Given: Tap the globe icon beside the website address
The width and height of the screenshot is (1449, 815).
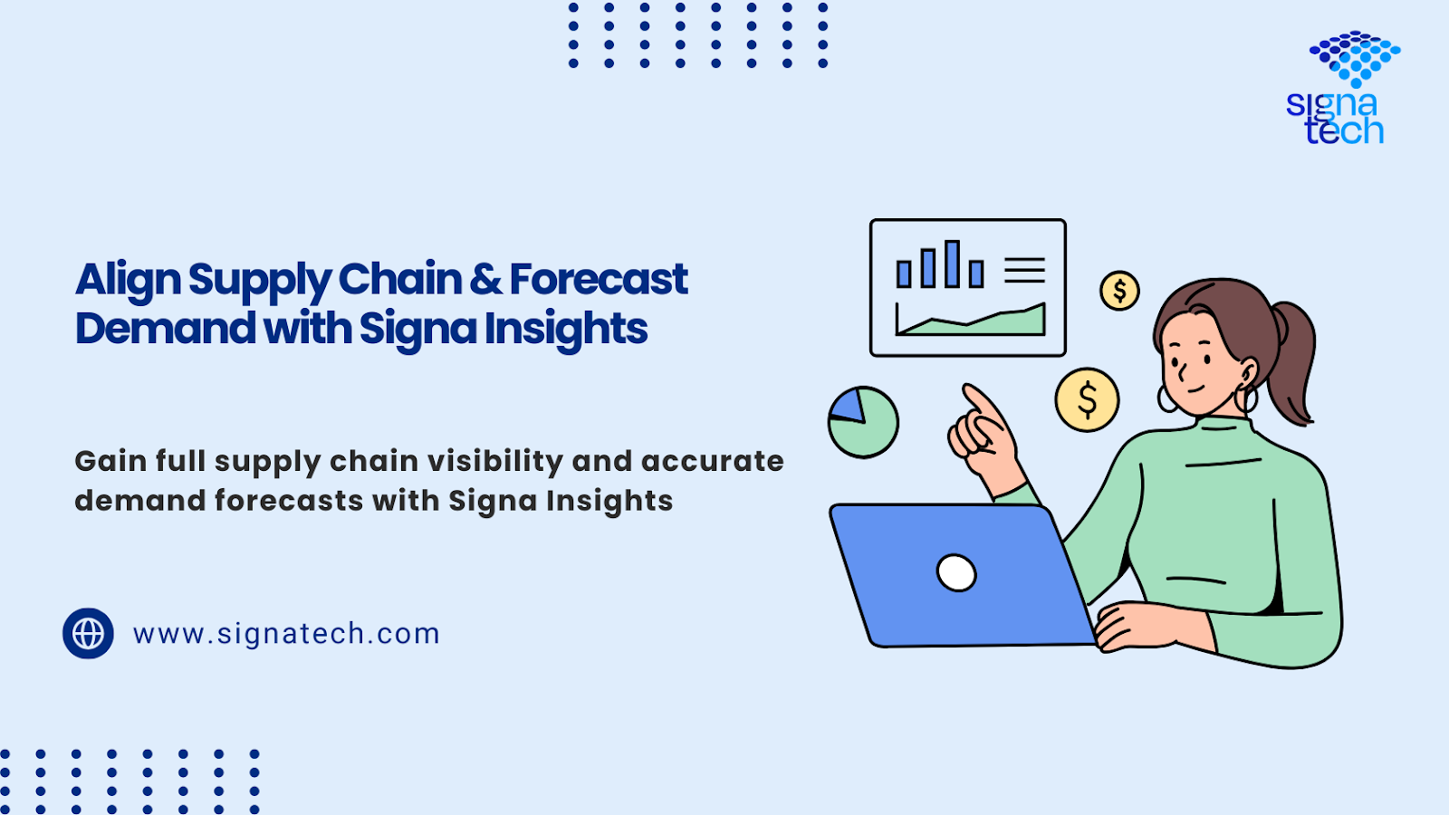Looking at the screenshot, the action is (88, 633).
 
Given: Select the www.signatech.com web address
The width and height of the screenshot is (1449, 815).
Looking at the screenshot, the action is (286, 633).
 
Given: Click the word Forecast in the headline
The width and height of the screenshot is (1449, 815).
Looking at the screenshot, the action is (599, 280).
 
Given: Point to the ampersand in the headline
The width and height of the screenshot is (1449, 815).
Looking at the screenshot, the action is (485, 280).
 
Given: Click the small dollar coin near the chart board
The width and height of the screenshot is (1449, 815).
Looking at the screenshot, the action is (1119, 291).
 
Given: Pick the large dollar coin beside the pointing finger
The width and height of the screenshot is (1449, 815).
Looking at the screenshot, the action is (1088, 399).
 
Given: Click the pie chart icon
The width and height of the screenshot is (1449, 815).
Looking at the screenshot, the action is (864, 422).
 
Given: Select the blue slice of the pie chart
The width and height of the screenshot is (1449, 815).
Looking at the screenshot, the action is (849, 407).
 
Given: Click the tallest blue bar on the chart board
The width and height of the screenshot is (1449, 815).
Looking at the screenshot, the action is (952, 264).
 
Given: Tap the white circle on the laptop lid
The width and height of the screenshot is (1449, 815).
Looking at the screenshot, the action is (956, 573).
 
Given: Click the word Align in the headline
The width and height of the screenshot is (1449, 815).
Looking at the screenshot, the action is (128, 281).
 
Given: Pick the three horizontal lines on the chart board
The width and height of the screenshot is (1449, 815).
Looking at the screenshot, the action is (1024, 271).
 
